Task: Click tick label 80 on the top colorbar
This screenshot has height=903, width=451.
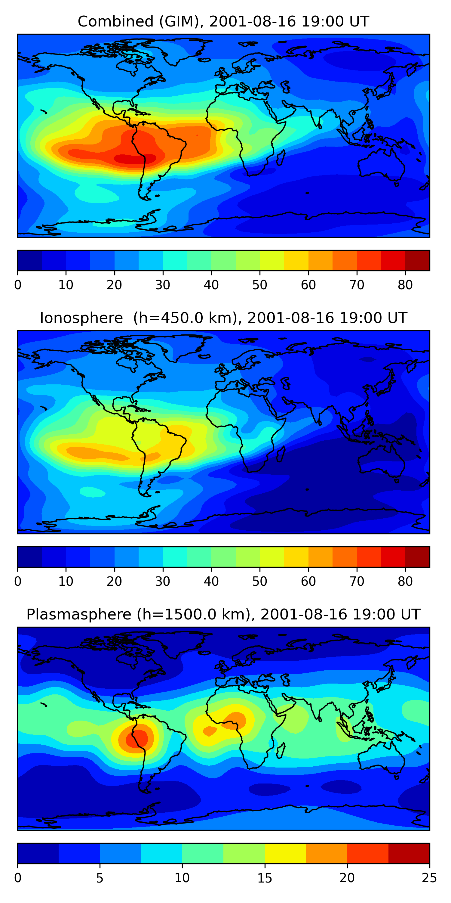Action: (405, 285)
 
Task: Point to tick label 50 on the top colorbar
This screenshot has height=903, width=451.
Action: (259, 285)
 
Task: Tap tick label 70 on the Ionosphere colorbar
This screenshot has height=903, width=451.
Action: (357, 582)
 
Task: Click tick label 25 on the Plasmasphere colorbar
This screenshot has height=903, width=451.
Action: (429, 878)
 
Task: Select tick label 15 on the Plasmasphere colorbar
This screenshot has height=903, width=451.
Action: (265, 878)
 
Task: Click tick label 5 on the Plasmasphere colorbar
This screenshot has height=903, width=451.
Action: (100, 878)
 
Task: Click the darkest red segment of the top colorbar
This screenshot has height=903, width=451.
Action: (417, 260)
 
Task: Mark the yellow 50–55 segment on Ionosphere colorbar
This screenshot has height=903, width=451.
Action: (272, 557)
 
